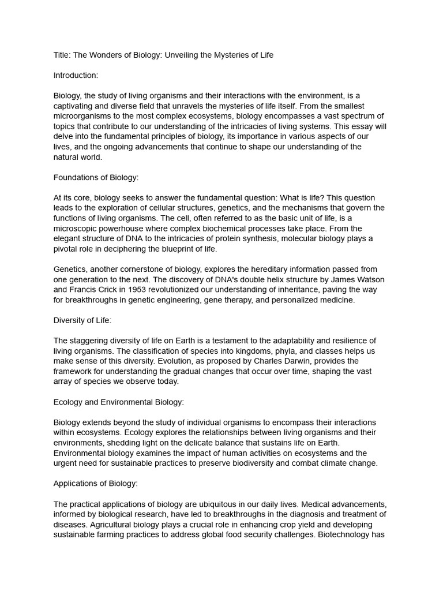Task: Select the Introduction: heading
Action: point(76,76)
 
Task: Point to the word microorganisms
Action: point(82,116)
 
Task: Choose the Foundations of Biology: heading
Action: point(96,177)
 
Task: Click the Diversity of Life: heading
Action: point(82,320)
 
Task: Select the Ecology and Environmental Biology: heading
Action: point(119,402)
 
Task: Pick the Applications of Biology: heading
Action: point(96,484)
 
